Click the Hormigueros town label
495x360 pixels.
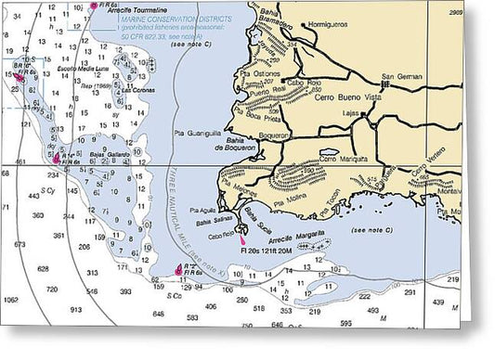(x=331, y=22)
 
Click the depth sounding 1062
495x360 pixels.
(x=10, y=299)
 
